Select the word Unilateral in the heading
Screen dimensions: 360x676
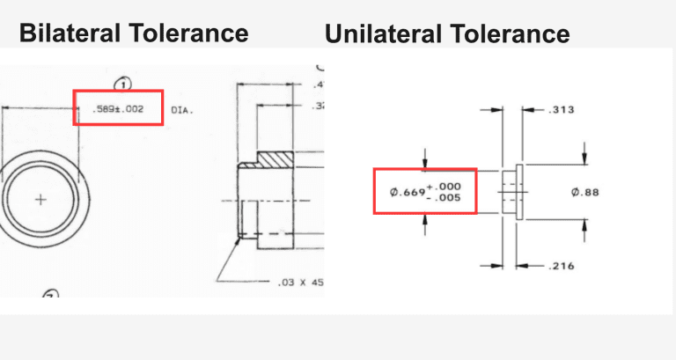[x=382, y=34]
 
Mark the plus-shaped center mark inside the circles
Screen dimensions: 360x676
[x=40, y=201]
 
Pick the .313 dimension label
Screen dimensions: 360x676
[x=561, y=111]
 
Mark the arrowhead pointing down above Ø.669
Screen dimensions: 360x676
[x=425, y=162]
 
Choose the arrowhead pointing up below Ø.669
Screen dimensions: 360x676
[x=425, y=222]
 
